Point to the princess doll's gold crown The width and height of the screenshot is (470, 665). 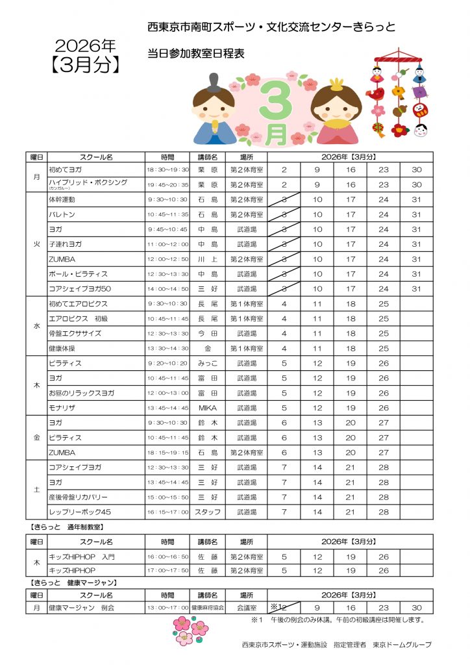pyautogui.click(x=336, y=84)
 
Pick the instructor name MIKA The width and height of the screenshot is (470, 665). pyautogui.click(x=207, y=408)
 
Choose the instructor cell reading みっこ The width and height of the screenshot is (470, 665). pyautogui.click(x=207, y=363)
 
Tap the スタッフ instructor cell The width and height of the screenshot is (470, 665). pyautogui.click(x=207, y=512)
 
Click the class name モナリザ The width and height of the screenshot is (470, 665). pyautogui.click(x=64, y=408)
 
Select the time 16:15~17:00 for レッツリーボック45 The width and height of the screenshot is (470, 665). pyautogui.click(x=167, y=512)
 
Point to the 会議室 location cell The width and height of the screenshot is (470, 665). pyautogui.click(x=247, y=608)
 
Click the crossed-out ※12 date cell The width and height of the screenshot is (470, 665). pyautogui.click(x=284, y=608)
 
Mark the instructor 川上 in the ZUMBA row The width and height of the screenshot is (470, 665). pyautogui.click(x=207, y=259)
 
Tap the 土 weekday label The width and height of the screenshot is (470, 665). pyautogui.click(x=37, y=490)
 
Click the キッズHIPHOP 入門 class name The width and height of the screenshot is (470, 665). pyautogui.click(x=81, y=557)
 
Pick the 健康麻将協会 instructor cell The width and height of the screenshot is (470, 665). pyautogui.click(x=207, y=608)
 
